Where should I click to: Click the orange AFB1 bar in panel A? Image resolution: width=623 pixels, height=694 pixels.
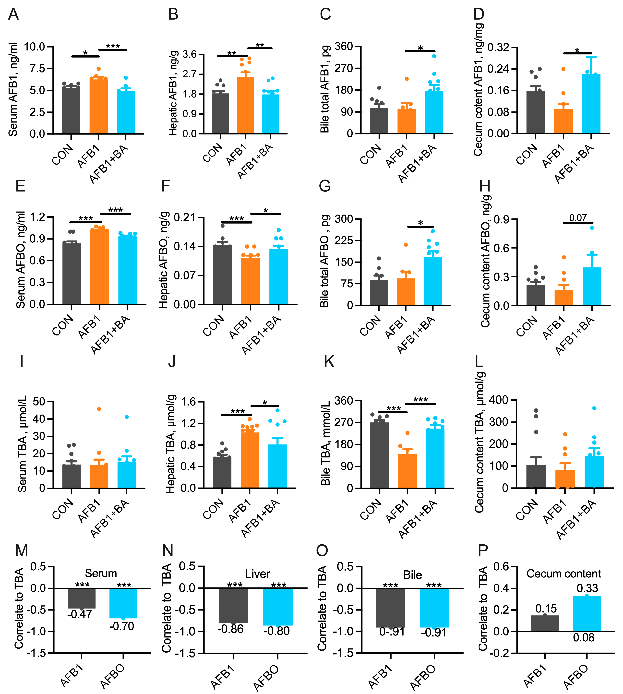point(99,106)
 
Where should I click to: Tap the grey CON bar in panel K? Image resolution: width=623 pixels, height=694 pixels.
point(380,455)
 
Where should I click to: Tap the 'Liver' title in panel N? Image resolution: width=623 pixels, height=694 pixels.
point(257,574)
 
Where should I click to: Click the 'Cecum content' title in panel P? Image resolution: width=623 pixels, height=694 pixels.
point(563,574)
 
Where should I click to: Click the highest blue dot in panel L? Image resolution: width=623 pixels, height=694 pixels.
point(594,408)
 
